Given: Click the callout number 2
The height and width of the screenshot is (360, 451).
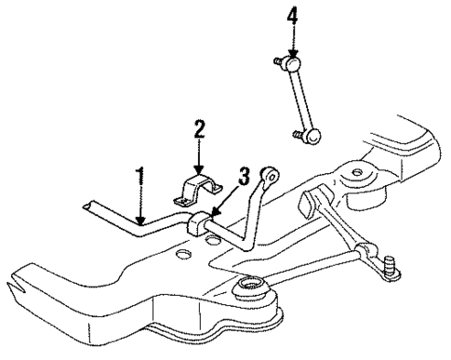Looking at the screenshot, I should pyautogui.click(x=198, y=127).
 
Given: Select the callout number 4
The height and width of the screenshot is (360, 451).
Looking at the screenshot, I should pyautogui.click(x=292, y=15).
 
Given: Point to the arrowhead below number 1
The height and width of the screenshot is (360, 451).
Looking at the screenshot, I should pyautogui.click(x=140, y=221).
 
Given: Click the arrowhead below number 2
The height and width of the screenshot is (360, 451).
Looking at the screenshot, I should pyautogui.click(x=198, y=168).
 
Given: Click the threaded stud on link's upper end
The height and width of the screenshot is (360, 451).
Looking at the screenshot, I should pyautogui.click(x=277, y=60).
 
